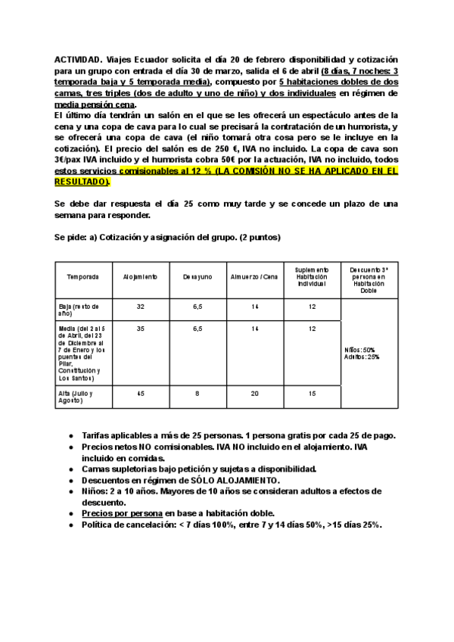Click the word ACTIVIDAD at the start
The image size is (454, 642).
(x=78, y=59)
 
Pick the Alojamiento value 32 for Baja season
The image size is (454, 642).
(x=140, y=306)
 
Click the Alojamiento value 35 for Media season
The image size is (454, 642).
(x=140, y=328)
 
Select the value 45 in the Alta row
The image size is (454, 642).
(x=140, y=394)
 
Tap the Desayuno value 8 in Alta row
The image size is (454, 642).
(x=197, y=394)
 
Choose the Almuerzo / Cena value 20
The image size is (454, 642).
(x=254, y=394)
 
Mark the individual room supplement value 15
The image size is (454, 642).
(x=313, y=394)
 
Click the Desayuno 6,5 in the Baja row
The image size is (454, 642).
(x=197, y=306)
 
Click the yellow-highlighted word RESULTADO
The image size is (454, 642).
(x=82, y=182)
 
